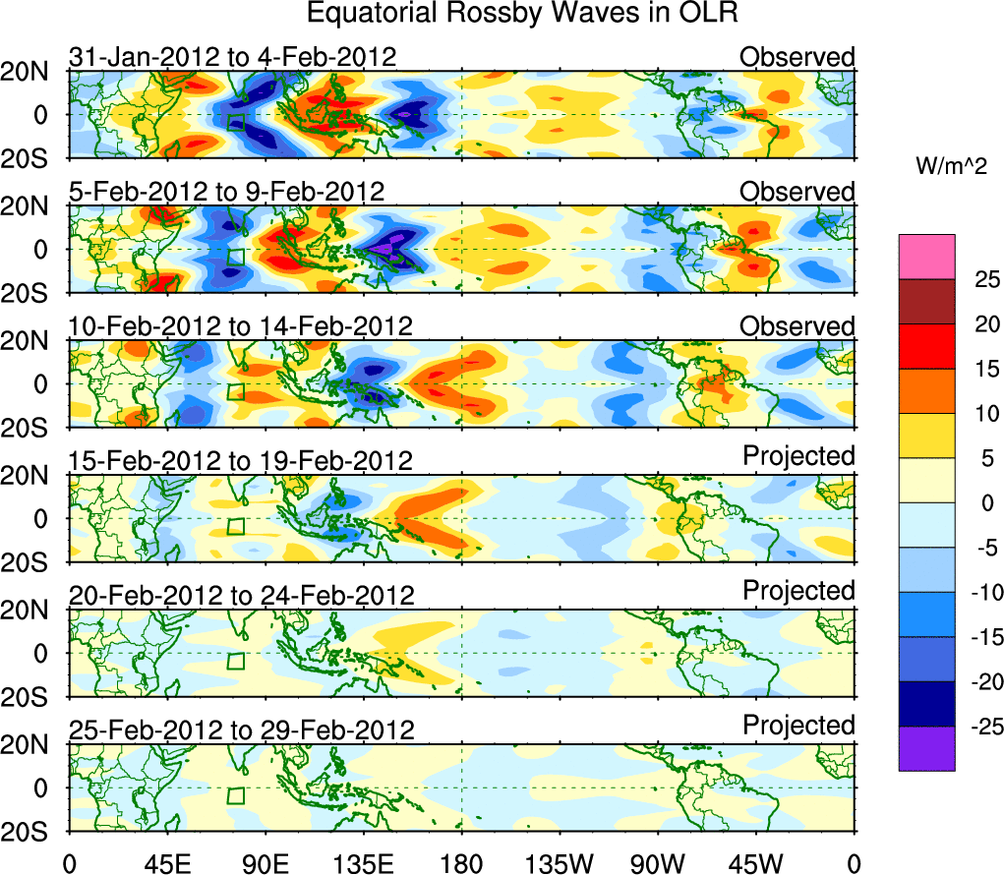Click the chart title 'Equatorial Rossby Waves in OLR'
coord(522,14)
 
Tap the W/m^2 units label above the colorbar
coord(950,166)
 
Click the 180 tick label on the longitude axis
coord(461,862)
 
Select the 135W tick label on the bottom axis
coord(560,862)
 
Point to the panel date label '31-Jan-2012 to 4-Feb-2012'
coord(232,57)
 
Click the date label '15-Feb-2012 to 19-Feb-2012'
coord(240,460)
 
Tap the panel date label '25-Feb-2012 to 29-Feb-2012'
coord(241,730)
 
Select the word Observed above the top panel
coord(797,57)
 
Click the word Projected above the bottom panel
coord(798,726)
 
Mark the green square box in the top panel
coord(236,122)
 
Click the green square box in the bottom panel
coord(236,795)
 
